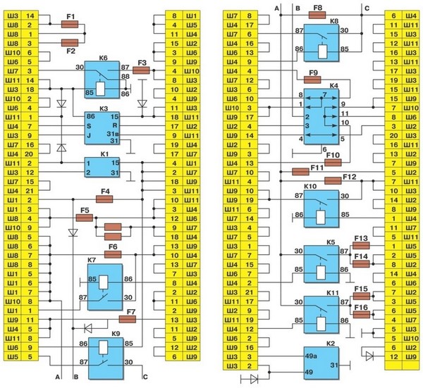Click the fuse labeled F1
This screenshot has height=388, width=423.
70,24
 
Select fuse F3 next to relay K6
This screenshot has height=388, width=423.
141,71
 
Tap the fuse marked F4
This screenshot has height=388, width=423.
105,200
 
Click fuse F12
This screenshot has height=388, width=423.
332,181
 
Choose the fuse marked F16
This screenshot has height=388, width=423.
362,315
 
